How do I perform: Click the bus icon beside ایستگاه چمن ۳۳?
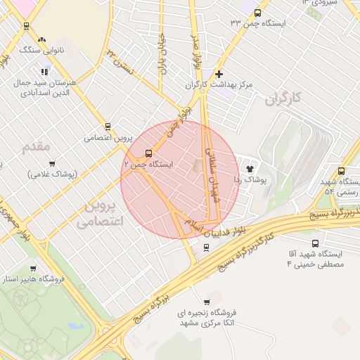coord(257,13)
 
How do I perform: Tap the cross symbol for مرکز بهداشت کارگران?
coord(219,73)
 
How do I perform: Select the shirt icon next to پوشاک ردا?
coord(250,168)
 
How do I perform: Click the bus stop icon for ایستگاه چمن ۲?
coord(148,153)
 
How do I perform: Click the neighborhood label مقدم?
coord(37,147)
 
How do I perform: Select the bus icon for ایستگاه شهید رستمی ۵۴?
coord(342,171)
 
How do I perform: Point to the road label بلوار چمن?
coord(179,123)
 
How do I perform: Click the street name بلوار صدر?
coord(197,51)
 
